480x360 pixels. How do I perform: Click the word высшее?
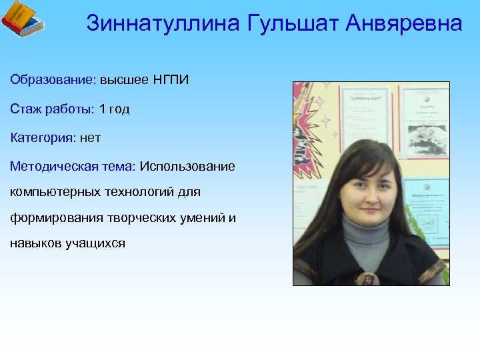(125, 80)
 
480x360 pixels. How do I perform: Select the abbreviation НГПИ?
(171, 80)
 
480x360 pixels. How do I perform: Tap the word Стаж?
(25, 109)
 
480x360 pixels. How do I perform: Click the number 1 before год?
(103, 109)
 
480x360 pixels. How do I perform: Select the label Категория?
(43, 138)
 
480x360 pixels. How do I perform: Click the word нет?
(90, 138)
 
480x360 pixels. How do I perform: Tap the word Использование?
(187, 166)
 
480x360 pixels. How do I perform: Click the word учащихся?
(96, 243)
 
